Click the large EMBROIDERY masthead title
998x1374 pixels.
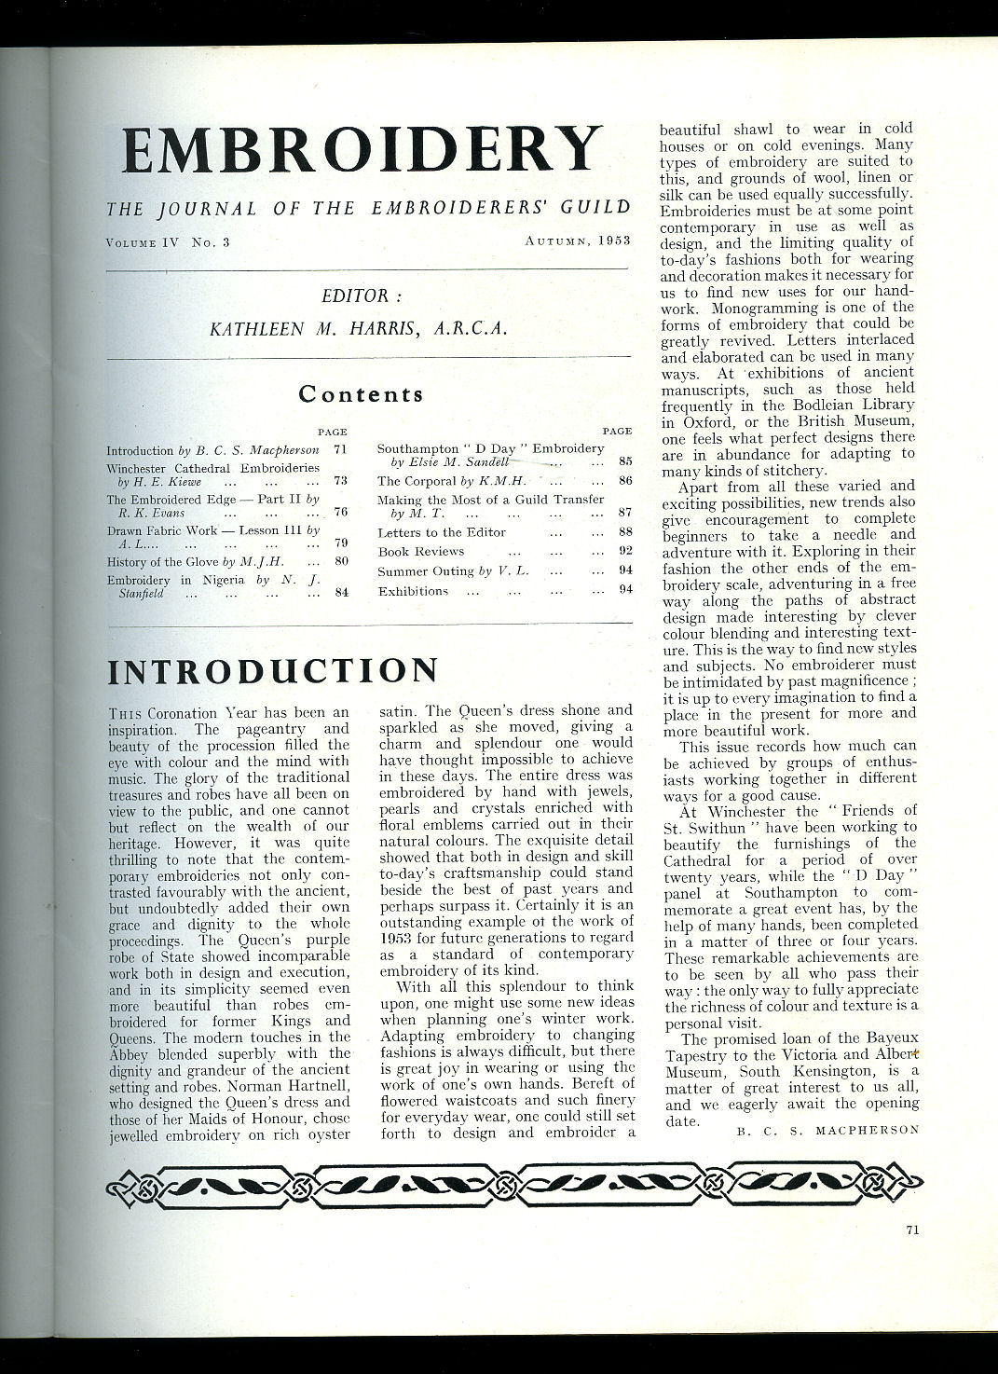point(362,149)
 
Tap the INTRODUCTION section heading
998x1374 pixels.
point(272,671)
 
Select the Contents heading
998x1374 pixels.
point(361,393)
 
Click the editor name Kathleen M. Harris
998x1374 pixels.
point(358,329)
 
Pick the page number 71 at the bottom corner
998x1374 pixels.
point(912,1230)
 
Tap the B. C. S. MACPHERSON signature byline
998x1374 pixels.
point(827,1130)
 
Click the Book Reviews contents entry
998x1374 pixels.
point(421,551)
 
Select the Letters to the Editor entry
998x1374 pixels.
point(442,532)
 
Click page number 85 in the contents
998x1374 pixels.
point(625,460)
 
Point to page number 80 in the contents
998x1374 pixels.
point(341,561)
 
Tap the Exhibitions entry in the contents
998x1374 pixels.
point(413,591)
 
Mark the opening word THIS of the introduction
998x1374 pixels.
point(125,713)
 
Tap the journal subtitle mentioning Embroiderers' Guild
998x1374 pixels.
point(367,208)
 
